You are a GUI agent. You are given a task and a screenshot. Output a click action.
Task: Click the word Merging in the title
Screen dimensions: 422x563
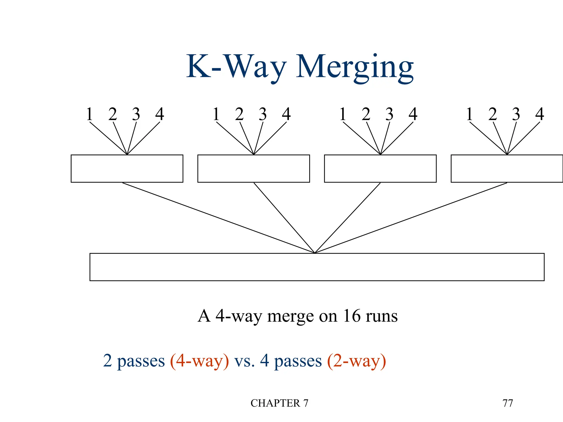[355, 67]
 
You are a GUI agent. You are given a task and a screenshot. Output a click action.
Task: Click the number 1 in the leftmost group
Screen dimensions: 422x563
[89, 114]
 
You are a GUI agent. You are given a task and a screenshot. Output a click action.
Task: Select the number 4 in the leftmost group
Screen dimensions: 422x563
[160, 114]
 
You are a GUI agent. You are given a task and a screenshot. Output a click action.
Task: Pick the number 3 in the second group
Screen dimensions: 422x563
[263, 114]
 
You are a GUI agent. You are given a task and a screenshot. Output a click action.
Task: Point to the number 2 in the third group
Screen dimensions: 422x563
[366, 114]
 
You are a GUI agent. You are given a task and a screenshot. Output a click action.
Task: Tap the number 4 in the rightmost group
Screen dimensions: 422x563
[540, 114]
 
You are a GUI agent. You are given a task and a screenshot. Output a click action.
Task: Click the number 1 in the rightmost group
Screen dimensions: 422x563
[470, 114]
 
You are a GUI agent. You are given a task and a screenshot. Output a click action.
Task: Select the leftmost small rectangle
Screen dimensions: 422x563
[127, 168]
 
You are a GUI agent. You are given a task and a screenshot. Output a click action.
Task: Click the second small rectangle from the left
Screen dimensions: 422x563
[253, 168]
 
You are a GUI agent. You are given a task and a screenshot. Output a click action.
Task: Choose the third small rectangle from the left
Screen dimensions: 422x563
[380, 168]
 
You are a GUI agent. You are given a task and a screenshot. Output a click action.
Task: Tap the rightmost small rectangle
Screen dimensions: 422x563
[507, 168]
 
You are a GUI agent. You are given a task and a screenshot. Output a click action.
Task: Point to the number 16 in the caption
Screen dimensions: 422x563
[352, 316]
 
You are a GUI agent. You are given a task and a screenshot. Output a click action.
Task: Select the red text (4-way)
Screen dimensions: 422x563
[200, 361]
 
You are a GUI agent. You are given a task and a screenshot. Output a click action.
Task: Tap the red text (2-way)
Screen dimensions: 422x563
[357, 361]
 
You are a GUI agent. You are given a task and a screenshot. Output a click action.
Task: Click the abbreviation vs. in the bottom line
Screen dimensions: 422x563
[244, 361]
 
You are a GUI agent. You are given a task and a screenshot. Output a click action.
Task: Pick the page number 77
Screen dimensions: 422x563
[507, 403]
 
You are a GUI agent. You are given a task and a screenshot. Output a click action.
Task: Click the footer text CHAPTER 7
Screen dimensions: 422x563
[279, 403]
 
